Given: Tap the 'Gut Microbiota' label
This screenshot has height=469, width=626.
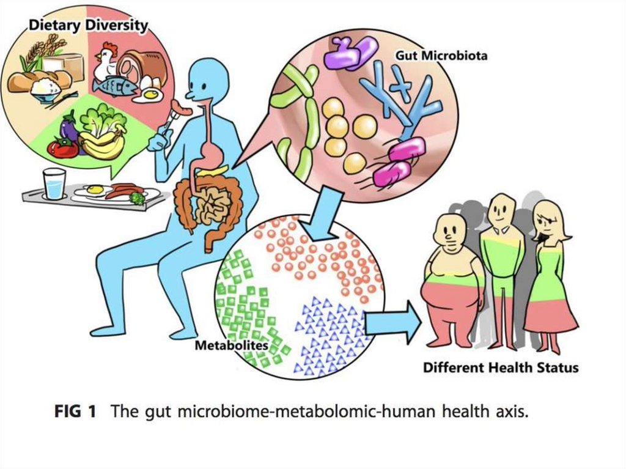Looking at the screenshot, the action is coord(441,55).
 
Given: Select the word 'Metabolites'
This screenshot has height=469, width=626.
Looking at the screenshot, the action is coord(232,345).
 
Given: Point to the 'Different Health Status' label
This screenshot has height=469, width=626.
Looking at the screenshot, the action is coord(501,368).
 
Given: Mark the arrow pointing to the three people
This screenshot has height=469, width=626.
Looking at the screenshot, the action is coord(392,322).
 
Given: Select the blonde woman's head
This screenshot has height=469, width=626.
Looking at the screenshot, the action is coord(548,220).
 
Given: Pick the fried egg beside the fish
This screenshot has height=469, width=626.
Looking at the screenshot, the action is coord(150,95).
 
